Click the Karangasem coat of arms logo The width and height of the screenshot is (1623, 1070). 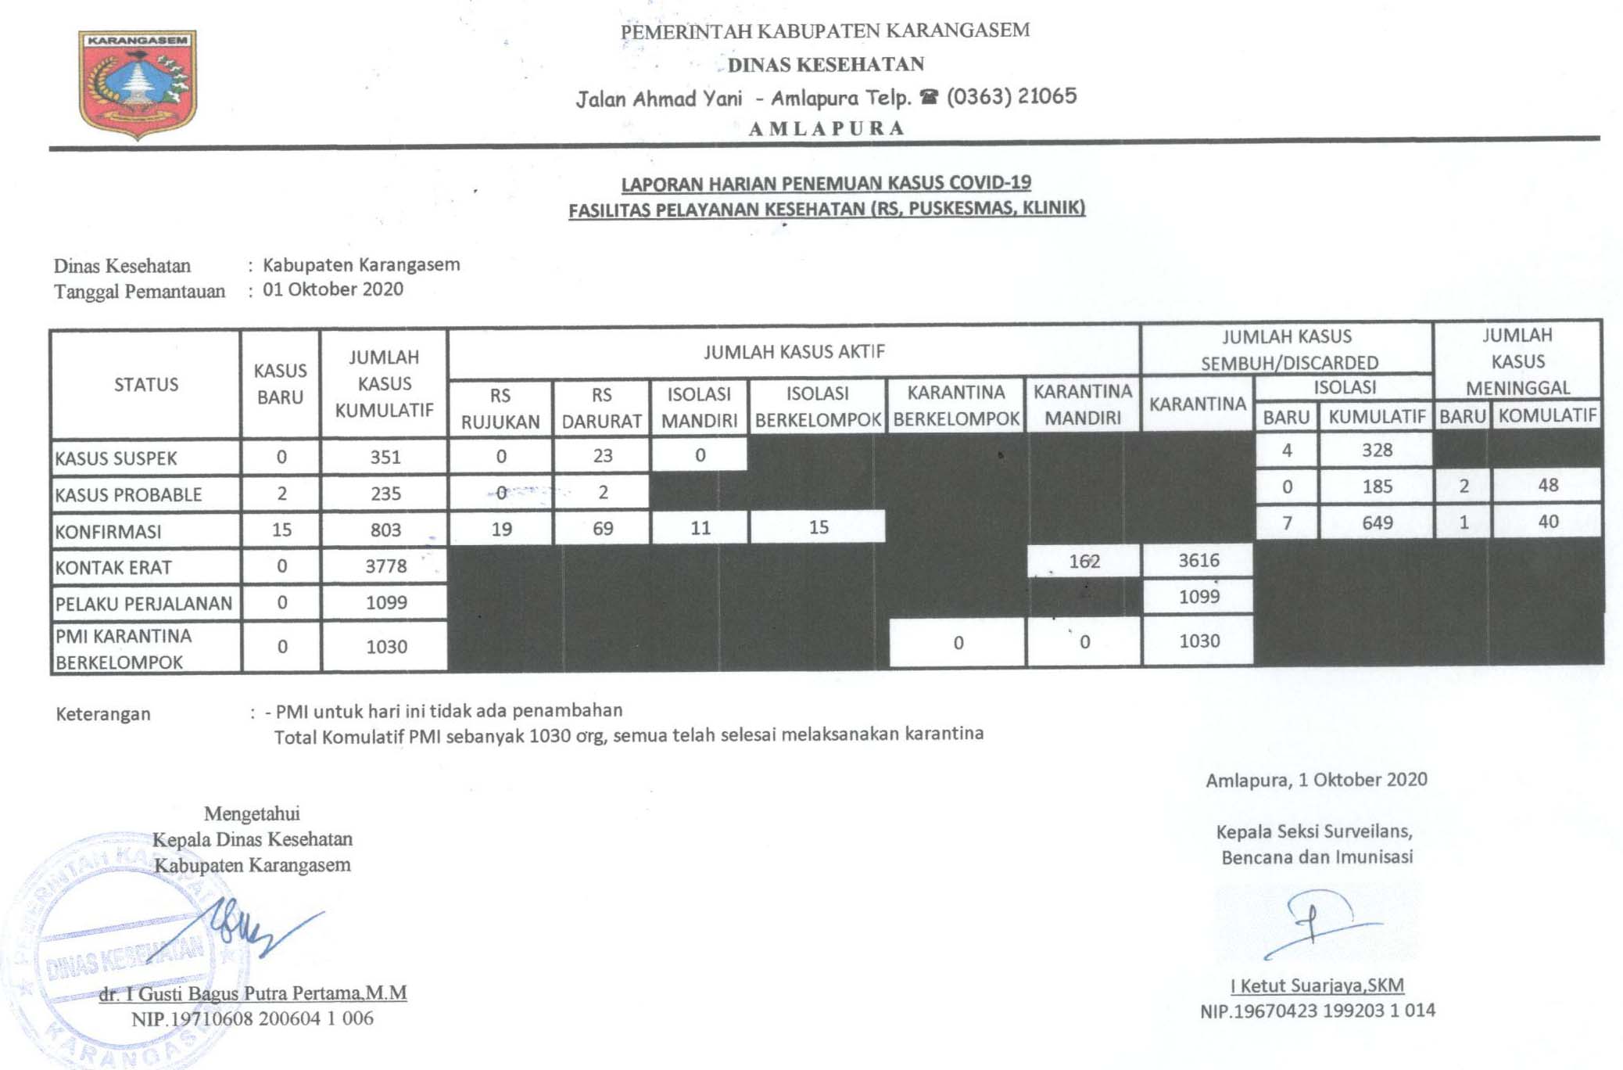[138, 84]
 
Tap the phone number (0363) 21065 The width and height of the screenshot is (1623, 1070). [1011, 96]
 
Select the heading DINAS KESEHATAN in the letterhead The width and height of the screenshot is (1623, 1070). [826, 64]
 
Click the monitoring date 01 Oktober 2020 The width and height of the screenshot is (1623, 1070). [333, 289]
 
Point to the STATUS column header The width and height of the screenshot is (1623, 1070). [146, 384]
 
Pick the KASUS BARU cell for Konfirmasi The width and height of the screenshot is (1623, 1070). [281, 530]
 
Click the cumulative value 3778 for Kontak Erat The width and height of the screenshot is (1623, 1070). [386, 566]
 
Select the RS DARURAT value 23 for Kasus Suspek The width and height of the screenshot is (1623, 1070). [602, 455]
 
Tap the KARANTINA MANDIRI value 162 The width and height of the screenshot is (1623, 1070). [1084, 561]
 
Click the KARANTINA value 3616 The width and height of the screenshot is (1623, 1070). [1198, 560]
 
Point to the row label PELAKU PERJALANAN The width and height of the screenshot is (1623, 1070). [144, 603]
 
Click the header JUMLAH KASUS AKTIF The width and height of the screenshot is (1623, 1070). [794, 352]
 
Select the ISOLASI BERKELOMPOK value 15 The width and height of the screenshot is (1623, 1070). [819, 527]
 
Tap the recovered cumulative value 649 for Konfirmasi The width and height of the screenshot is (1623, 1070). [1377, 522]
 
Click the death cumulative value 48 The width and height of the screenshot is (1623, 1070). [1548, 485]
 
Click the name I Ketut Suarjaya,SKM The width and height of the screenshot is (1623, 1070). [1317, 986]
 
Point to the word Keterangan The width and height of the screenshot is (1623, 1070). [103, 713]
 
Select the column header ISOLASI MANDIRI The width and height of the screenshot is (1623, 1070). [699, 407]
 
